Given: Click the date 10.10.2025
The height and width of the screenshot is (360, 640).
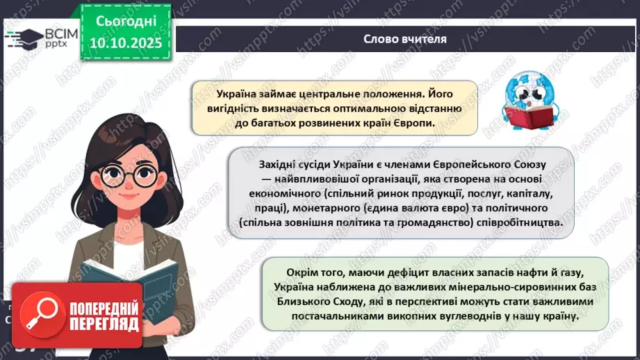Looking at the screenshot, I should (126, 43).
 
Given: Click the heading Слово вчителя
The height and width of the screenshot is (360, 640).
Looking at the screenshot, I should (404, 38).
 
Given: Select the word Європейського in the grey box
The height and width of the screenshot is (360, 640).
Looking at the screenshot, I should (471, 162).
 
